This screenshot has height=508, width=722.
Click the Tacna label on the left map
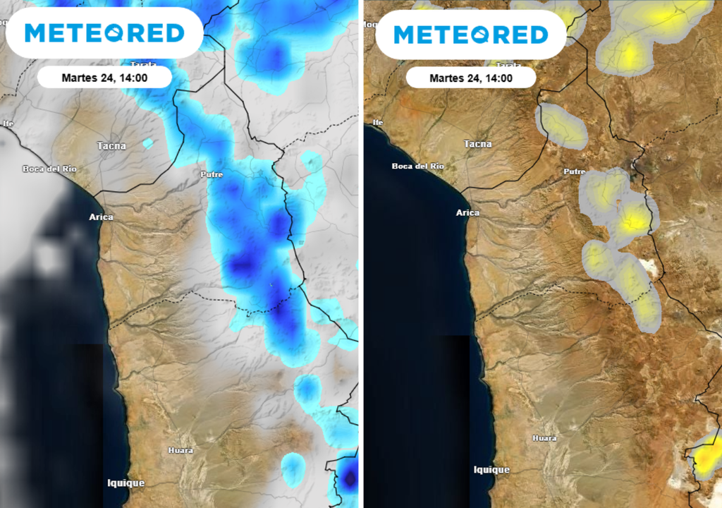pos(111,146)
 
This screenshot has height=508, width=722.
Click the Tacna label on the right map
pos(478,144)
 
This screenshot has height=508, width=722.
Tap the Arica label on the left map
pos(101,217)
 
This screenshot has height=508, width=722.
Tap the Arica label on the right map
pos(467,212)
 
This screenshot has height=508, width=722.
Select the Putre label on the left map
pos(212,174)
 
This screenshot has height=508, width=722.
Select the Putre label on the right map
pos(575,171)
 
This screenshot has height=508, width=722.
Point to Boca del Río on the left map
pos(49,169)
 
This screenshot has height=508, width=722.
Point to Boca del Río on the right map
pos(418,166)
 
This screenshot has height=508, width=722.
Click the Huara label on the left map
pos(180,450)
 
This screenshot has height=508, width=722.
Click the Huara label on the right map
pos(544,438)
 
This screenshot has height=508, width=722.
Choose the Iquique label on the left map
pos(126,483)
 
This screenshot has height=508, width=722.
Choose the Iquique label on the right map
pos(491,469)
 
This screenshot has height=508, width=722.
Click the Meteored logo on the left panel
pos(104,32)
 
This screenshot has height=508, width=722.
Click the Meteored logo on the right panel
pos(471,35)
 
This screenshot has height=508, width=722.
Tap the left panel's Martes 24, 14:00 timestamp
pos(104,78)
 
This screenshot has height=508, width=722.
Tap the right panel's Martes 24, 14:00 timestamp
pos(471,78)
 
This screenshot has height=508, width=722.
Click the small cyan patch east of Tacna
pos(148,144)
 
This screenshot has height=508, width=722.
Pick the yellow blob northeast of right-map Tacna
pos(562,126)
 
